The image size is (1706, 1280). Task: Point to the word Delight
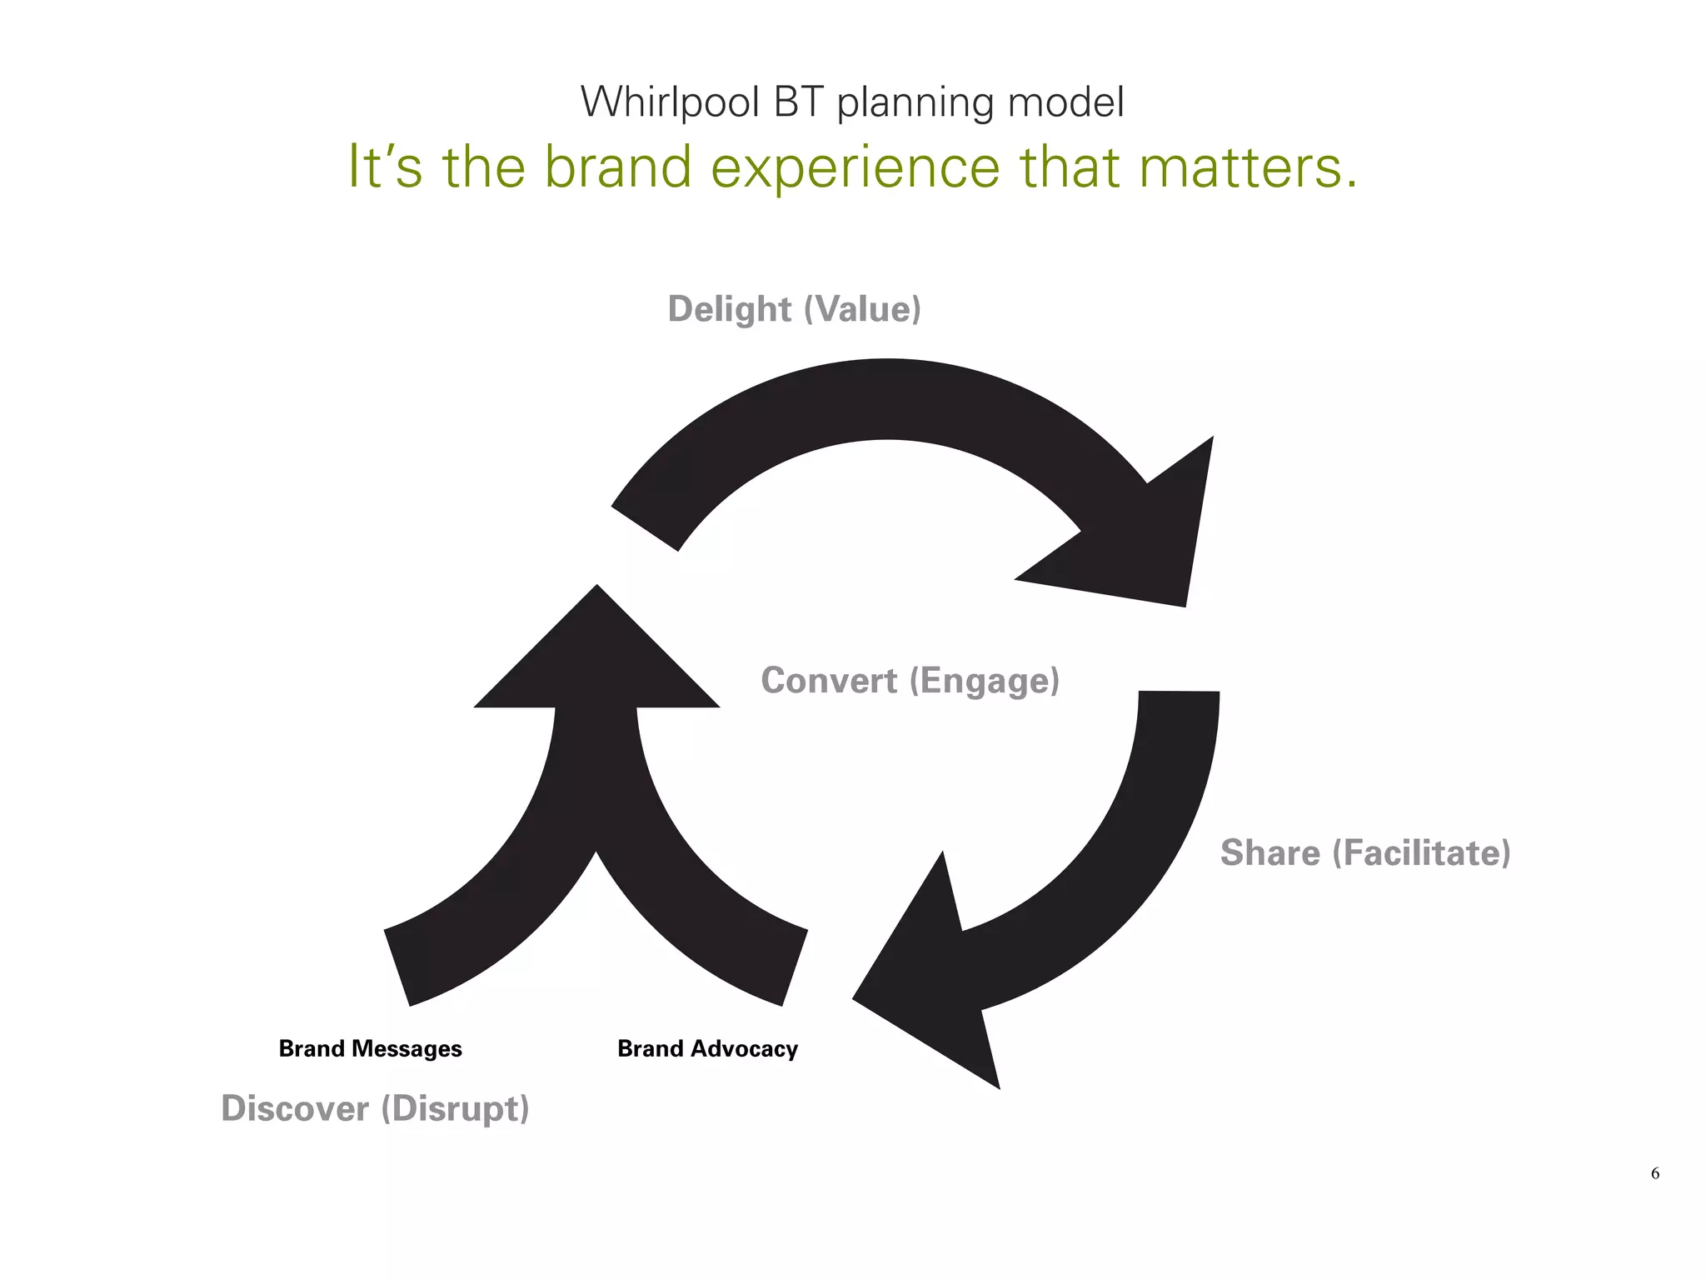[x=729, y=309]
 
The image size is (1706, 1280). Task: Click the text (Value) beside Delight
[x=862, y=309]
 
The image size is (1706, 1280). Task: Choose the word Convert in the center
[x=829, y=681]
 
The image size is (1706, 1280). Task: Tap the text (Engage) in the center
[x=985, y=681]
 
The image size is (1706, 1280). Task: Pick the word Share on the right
[x=1270, y=853]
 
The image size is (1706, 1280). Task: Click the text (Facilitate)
[x=1421, y=853]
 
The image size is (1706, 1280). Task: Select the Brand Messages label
[x=370, y=1048]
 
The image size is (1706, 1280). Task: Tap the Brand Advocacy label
[x=707, y=1048]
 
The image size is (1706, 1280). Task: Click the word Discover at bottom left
[x=295, y=1109]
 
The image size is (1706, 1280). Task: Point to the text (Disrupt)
[x=455, y=1109]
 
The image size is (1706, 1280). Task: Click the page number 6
[x=1654, y=1173]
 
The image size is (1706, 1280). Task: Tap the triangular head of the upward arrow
[x=596, y=658]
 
